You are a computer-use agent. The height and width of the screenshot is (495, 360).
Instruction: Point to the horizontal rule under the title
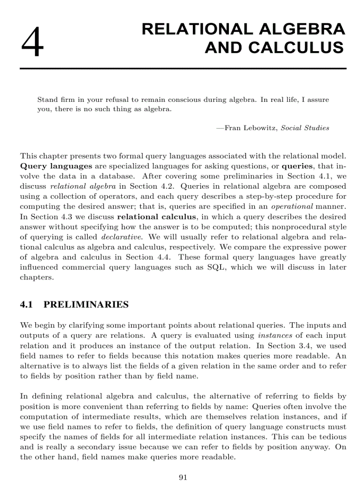pos(183,68)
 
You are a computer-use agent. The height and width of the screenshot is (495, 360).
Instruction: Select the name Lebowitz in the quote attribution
pos(259,128)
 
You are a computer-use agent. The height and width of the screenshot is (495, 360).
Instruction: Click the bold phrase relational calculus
pos(157,216)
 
